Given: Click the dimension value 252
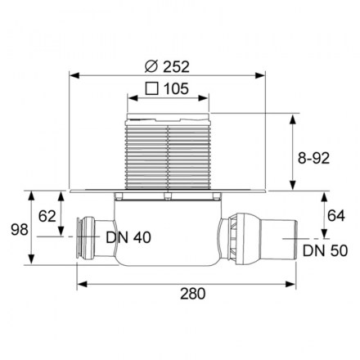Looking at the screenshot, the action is tap(176, 67).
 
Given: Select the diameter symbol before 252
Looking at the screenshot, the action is tap(151, 67).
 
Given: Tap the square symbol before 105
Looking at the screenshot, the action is tap(152, 88).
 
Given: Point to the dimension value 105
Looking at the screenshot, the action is tap(176, 88).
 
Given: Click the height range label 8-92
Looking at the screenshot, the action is tap(313, 158).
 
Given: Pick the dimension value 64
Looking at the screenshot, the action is tap(336, 216).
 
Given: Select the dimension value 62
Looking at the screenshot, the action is tap(47, 216).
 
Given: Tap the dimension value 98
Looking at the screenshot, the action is tap(20, 229).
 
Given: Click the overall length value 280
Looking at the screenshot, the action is tap(192, 294).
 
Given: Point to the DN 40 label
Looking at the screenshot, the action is tap(128, 237).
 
